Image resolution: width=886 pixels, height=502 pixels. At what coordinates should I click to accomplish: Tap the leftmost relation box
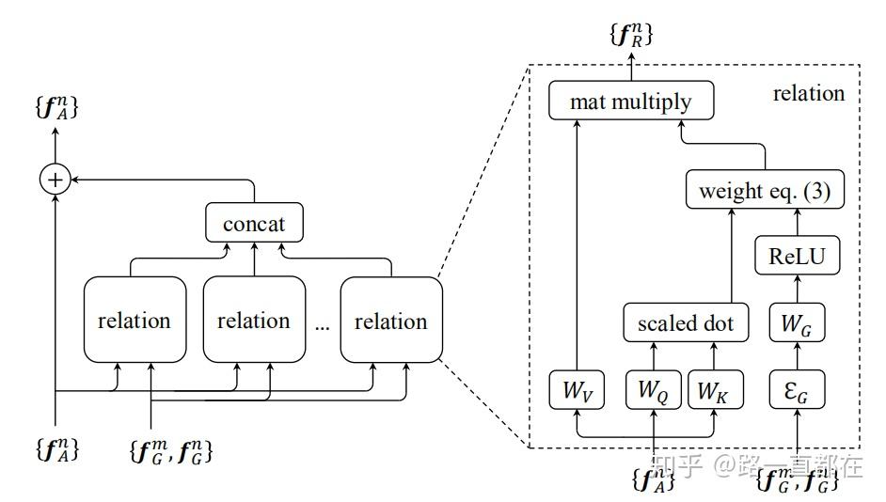coord(134,320)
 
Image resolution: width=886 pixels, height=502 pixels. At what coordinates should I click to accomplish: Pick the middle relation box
coord(253,320)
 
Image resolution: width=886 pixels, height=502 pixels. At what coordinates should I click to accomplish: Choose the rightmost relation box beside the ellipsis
coord(390,320)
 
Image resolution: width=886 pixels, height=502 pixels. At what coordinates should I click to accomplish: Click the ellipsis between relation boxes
coord(323,325)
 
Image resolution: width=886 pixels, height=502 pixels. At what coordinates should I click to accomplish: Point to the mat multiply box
coord(630,102)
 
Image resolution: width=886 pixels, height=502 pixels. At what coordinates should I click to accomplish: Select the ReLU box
coord(797,256)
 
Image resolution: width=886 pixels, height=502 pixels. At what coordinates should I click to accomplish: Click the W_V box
coord(576,390)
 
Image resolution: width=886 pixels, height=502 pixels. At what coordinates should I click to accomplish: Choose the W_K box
coord(715,390)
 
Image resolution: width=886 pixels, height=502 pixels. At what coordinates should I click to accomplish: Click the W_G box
coord(797,324)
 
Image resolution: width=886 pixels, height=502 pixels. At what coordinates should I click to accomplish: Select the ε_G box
coord(797,390)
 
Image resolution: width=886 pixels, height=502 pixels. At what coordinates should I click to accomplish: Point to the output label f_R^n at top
coord(631,35)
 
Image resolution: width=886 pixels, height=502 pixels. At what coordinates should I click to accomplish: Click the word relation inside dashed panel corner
coord(808,93)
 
